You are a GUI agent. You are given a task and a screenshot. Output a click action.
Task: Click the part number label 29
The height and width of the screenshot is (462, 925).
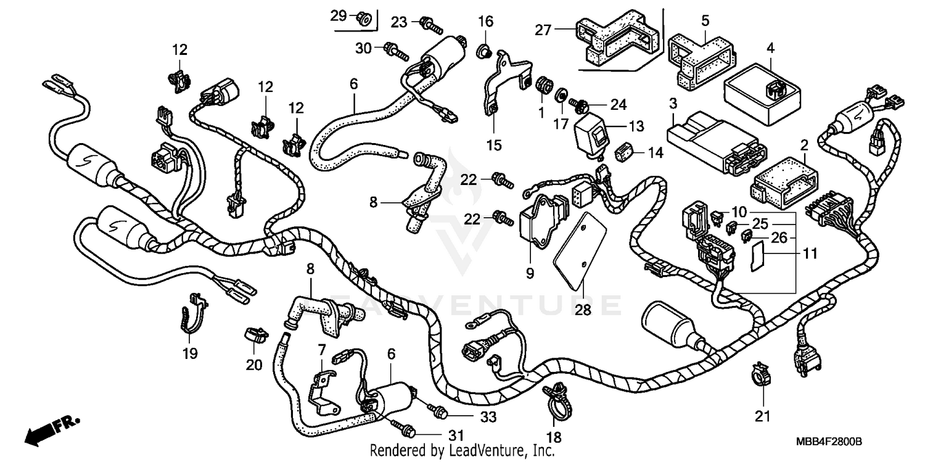339,16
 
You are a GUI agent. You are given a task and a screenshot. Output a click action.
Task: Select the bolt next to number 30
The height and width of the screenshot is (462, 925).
395,50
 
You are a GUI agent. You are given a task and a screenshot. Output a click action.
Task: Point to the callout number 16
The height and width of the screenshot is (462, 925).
485,22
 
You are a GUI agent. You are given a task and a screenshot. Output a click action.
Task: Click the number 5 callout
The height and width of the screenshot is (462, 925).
705,20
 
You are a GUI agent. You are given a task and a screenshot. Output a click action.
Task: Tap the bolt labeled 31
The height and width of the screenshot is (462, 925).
401,426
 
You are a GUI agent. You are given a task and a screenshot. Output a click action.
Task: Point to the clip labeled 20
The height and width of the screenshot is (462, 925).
255,334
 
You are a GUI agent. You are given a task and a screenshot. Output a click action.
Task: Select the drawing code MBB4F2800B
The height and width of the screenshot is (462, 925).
828,442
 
